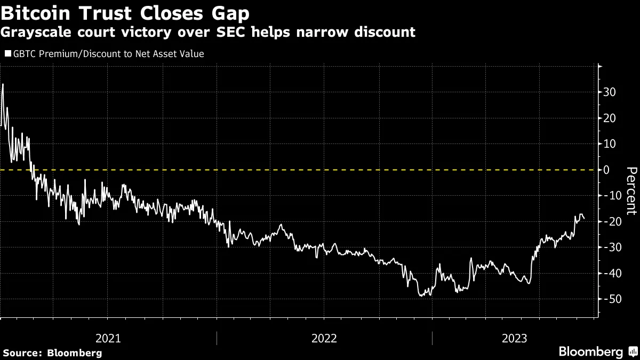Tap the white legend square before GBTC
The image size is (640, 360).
click(7, 53)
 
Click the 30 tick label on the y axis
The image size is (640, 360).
click(610, 92)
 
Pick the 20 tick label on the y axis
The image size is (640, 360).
click(610, 118)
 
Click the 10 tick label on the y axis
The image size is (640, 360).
click(610, 144)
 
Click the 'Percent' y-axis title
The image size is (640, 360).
click(631, 190)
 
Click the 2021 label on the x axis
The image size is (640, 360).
click(108, 338)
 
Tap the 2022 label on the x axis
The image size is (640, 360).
click(324, 338)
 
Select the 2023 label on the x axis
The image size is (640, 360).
click(514, 338)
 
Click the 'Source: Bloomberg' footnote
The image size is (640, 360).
click(52, 353)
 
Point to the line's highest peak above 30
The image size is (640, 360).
click(3, 84)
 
